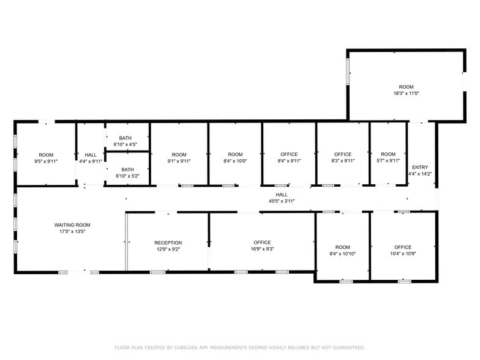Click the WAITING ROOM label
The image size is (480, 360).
(x=72, y=225)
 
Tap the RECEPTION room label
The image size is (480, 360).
(x=168, y=243)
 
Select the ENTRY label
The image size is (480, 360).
(x=420, y=167)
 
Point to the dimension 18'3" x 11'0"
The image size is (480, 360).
(x=406, y=94)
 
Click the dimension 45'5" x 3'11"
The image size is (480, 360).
(x=282, y=201)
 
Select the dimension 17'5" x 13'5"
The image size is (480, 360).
(x=72, y=232)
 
